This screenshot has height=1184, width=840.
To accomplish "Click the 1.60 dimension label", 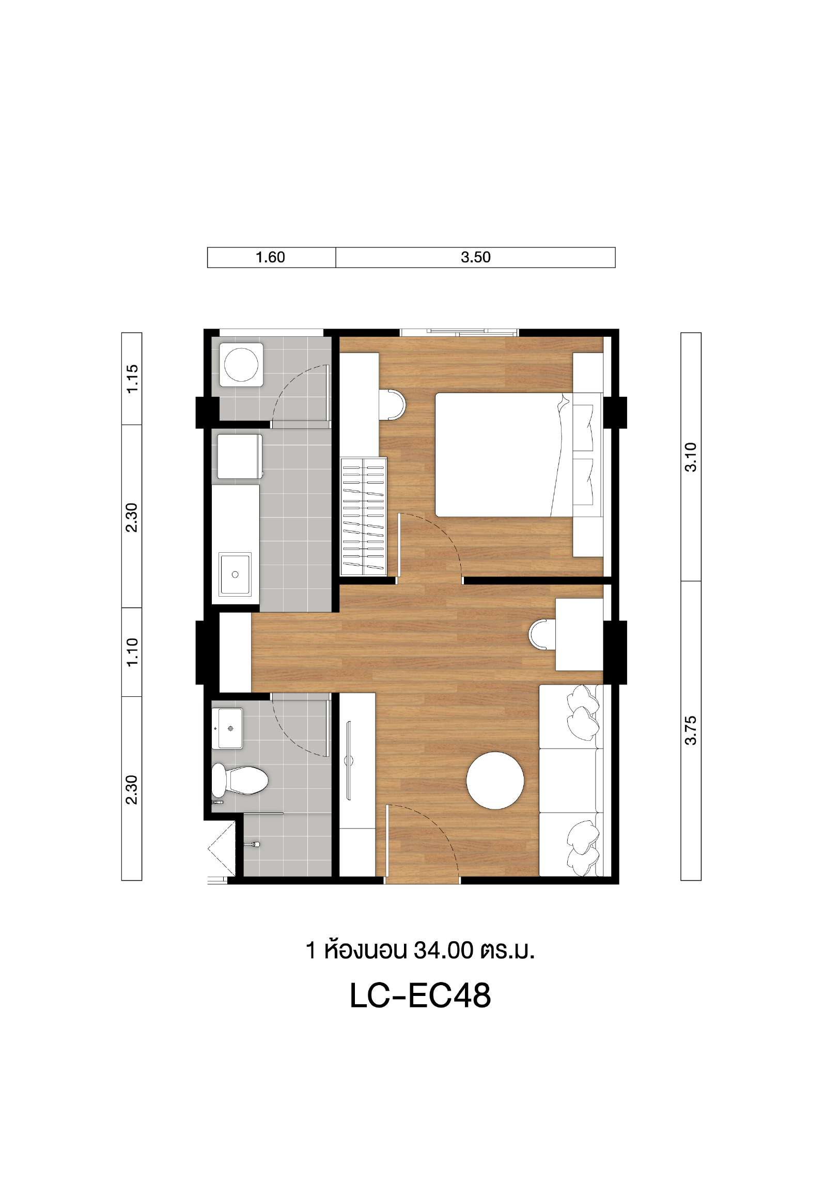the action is pos(271,257).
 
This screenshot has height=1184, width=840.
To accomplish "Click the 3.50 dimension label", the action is pos(475,257).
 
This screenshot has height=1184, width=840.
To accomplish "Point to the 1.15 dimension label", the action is pos(132,379).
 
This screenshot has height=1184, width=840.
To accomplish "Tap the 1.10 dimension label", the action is pos(132,652).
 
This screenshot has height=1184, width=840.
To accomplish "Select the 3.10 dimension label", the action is pos(691,457).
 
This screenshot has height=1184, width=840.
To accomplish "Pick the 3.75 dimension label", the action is pos(691,730).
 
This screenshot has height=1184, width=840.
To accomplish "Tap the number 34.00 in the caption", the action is pos(443,950).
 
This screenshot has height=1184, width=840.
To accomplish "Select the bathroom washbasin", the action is pos(228,728).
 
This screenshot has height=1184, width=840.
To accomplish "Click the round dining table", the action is pos(495,781).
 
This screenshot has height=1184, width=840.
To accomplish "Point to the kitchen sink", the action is pos(235,573).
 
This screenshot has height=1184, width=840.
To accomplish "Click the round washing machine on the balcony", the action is pos(241,365).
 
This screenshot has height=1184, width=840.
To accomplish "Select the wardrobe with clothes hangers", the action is pos(364,516).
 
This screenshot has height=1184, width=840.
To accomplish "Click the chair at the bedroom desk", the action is pos(392,403).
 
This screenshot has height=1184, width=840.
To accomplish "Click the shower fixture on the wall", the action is pos(254,844).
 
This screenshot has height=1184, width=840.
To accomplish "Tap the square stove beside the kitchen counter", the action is pos(240,456).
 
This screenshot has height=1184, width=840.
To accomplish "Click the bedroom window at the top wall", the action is pos(459,332).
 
